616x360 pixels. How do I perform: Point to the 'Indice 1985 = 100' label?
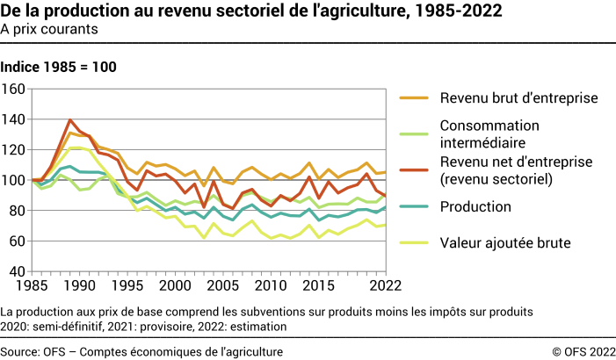click(58, 67)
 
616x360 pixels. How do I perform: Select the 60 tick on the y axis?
click(17, 241)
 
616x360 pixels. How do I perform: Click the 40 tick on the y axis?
click(17, 271)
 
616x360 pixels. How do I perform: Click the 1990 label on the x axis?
click(79, 286)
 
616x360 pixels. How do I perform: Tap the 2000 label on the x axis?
click(177, 286)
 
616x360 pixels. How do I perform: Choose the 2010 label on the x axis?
click(273, 286)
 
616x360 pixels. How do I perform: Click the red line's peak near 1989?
click(69, 120)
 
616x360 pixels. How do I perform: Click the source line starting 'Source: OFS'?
click(141, 351)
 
